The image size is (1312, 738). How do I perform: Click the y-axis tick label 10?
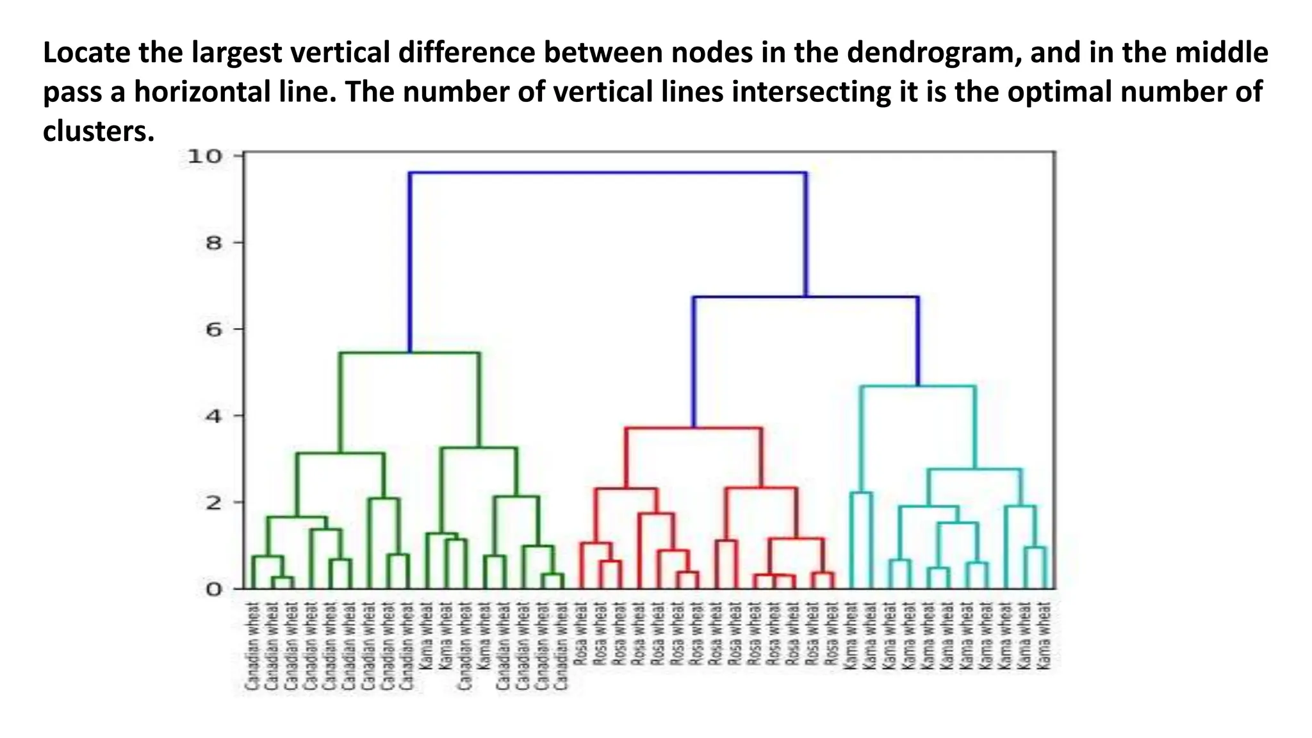tap(204, 156)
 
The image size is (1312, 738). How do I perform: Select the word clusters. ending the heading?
tap(99, 131)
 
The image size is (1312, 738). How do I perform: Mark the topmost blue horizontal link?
tap(607, 173)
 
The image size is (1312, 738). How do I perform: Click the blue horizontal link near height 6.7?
tap(805, 297)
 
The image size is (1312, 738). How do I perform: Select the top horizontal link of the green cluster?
tap(409, 353)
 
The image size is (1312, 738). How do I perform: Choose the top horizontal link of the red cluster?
tap(693, 428)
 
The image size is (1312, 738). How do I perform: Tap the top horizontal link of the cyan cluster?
tap(918, 386)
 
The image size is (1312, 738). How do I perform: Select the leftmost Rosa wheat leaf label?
tap(581, 634)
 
